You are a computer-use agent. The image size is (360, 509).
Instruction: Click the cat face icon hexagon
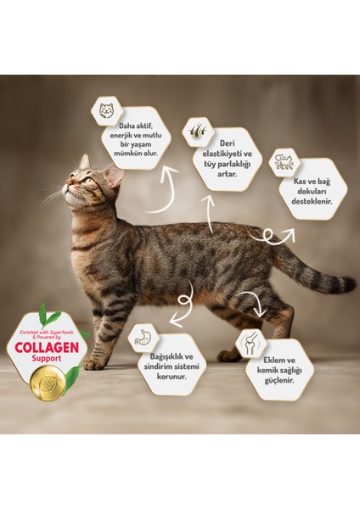(108, 111)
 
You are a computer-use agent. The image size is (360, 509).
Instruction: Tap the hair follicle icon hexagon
(198, 131)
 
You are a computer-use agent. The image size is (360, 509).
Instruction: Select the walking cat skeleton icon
(284, 162)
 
